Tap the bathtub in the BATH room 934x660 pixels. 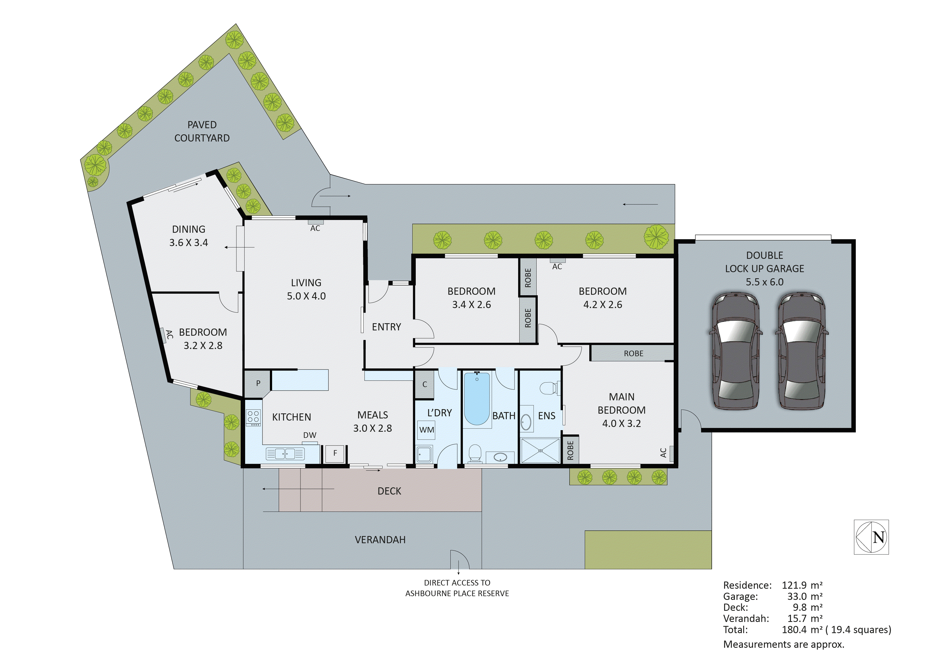(476, 399)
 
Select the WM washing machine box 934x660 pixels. (426, 430)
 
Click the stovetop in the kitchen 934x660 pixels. (253, 418)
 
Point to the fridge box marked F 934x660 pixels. (335, 453)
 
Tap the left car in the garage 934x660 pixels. (735, 351)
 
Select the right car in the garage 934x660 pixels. (801, 351)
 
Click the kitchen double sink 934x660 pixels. (285, 453)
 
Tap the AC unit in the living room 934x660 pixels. (315, 222)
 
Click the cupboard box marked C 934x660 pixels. (424, 384)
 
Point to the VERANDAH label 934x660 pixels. (380, 540)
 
